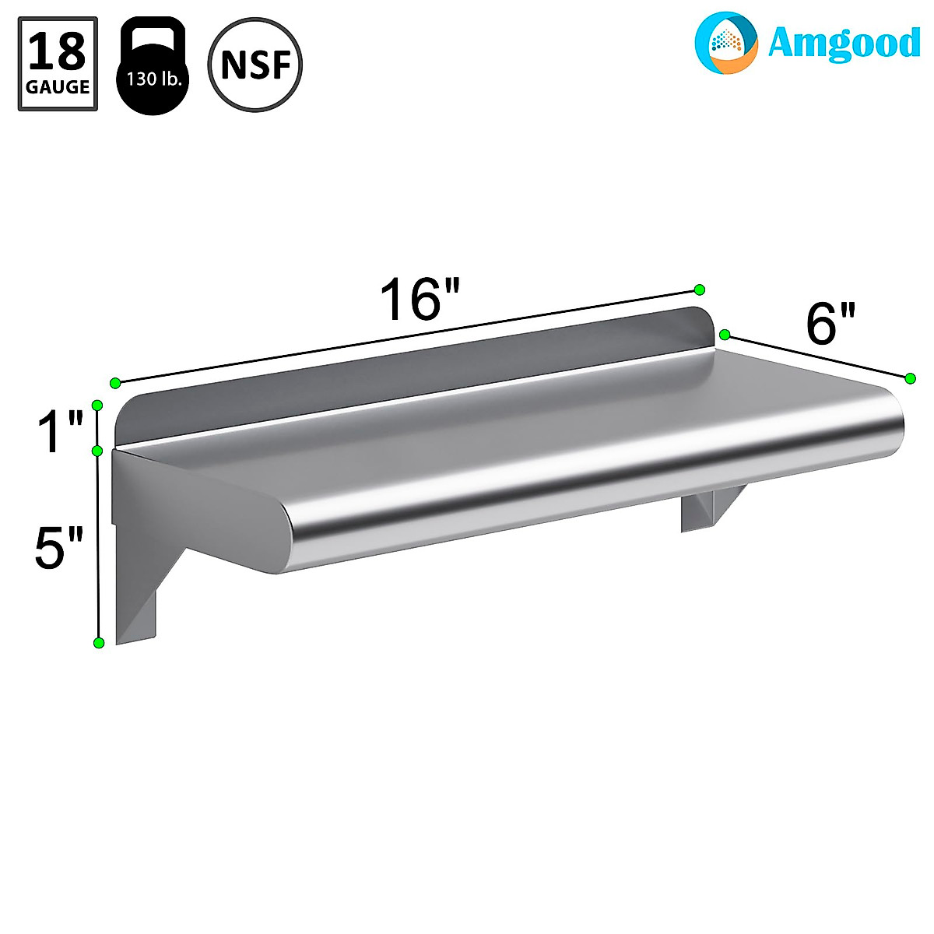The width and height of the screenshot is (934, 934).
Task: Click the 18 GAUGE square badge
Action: pyautogui.click(x=58, y=64)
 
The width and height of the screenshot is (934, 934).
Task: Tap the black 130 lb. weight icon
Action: pyautogui.click(x=153, y=65)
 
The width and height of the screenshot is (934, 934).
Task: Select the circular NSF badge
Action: pyautogui.click(x=255, y=64)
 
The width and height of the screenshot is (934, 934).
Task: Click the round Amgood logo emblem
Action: pyautogui.click(x=725, y=42)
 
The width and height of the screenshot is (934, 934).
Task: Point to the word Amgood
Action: pyautogui.click(x=844, y=44)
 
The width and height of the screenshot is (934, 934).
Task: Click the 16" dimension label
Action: pyautogui.click(x=420, y=299)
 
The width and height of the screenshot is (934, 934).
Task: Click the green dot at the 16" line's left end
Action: pyautogui.click(x=115, y=383)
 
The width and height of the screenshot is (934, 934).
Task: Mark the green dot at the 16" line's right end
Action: pyautogui.click(x=699, y=290)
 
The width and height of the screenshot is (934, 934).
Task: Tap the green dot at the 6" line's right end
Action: pyautogui.click(x=910, y=377)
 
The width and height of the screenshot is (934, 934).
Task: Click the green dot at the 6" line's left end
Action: pyautogui.click(x=725, y=335)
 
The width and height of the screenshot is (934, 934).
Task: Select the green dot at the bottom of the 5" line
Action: pyautogui.click(x=98, y=642)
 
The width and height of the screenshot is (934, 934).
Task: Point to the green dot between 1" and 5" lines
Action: pyautogui.click(x=98, y=451)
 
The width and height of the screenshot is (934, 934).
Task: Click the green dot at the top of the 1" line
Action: pyautogui.click(x=97, y=405)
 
